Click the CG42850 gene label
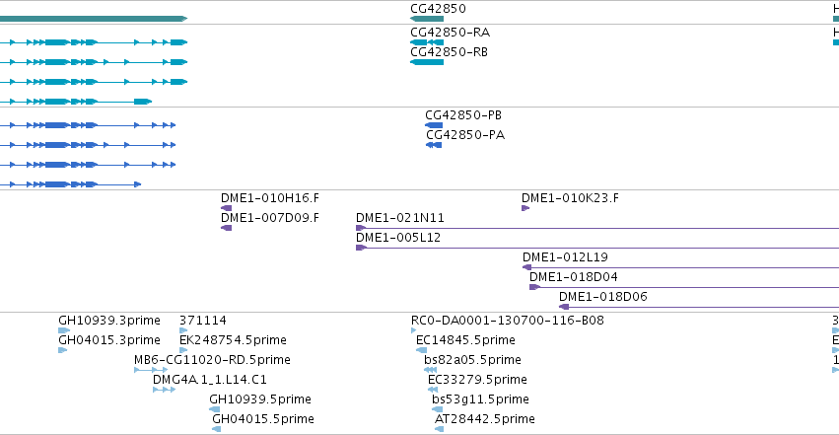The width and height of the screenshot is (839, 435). click(438, 9)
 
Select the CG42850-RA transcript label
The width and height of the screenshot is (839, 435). click(450, 33)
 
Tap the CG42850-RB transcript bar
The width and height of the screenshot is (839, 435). click(427, 62)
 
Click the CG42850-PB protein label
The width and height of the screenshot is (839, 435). click(463, 115)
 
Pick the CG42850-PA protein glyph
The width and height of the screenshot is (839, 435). click(434, 145)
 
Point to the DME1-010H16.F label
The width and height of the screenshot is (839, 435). click(270, 198)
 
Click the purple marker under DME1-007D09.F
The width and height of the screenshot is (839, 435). click(227, 228)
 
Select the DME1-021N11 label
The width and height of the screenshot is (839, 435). click(399, 218)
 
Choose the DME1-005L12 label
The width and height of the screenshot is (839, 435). click(398, 237)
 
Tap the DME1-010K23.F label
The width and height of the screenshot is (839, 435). click(570, 198)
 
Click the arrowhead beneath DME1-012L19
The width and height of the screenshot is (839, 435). click(527, 267)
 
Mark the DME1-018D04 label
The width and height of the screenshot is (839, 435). click(573, 276)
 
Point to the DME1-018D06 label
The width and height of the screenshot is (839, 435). click(603, 297)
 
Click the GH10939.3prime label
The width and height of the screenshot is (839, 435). click(109, 320)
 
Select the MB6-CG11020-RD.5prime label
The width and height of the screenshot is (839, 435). click(212, 360)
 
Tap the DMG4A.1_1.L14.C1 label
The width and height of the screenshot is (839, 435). click(210, 380)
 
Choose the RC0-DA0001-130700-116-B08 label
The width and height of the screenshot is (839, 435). click(508, 320)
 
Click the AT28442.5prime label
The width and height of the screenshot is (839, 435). click(485, 419)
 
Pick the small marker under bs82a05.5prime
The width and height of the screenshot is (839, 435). click(430, 370)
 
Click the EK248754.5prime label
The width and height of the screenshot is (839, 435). click(233, 339)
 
